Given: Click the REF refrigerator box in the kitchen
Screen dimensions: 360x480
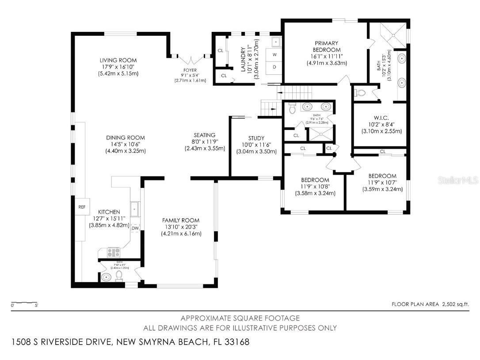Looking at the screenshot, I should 81,207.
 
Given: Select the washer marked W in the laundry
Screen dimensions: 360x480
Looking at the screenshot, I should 274,55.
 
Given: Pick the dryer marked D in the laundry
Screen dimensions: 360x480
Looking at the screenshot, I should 274,67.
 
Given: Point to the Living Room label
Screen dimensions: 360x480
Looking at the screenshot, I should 118,60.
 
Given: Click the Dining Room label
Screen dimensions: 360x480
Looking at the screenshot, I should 125,138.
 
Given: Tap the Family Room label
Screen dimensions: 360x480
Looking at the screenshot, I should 180,220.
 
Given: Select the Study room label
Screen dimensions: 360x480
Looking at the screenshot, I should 255,138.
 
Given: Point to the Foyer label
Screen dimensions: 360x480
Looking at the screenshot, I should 190,70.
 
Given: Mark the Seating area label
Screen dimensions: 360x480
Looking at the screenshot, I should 204,135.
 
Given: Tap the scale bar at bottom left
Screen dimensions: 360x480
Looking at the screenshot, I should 24,303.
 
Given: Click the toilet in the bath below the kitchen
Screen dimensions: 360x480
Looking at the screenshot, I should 118,276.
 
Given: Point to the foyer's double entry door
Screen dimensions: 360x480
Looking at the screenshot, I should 190,57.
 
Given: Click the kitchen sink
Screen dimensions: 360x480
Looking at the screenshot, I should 134,208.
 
